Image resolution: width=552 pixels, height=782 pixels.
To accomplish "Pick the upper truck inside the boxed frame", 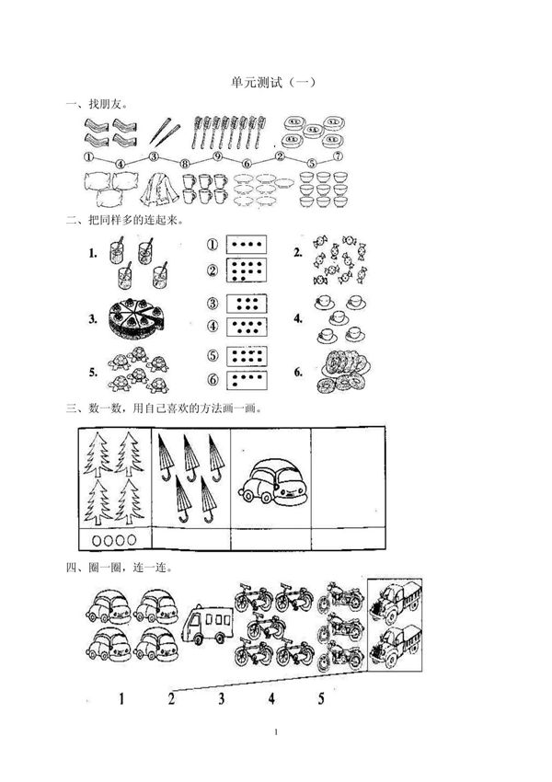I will click(x=395, y=604).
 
